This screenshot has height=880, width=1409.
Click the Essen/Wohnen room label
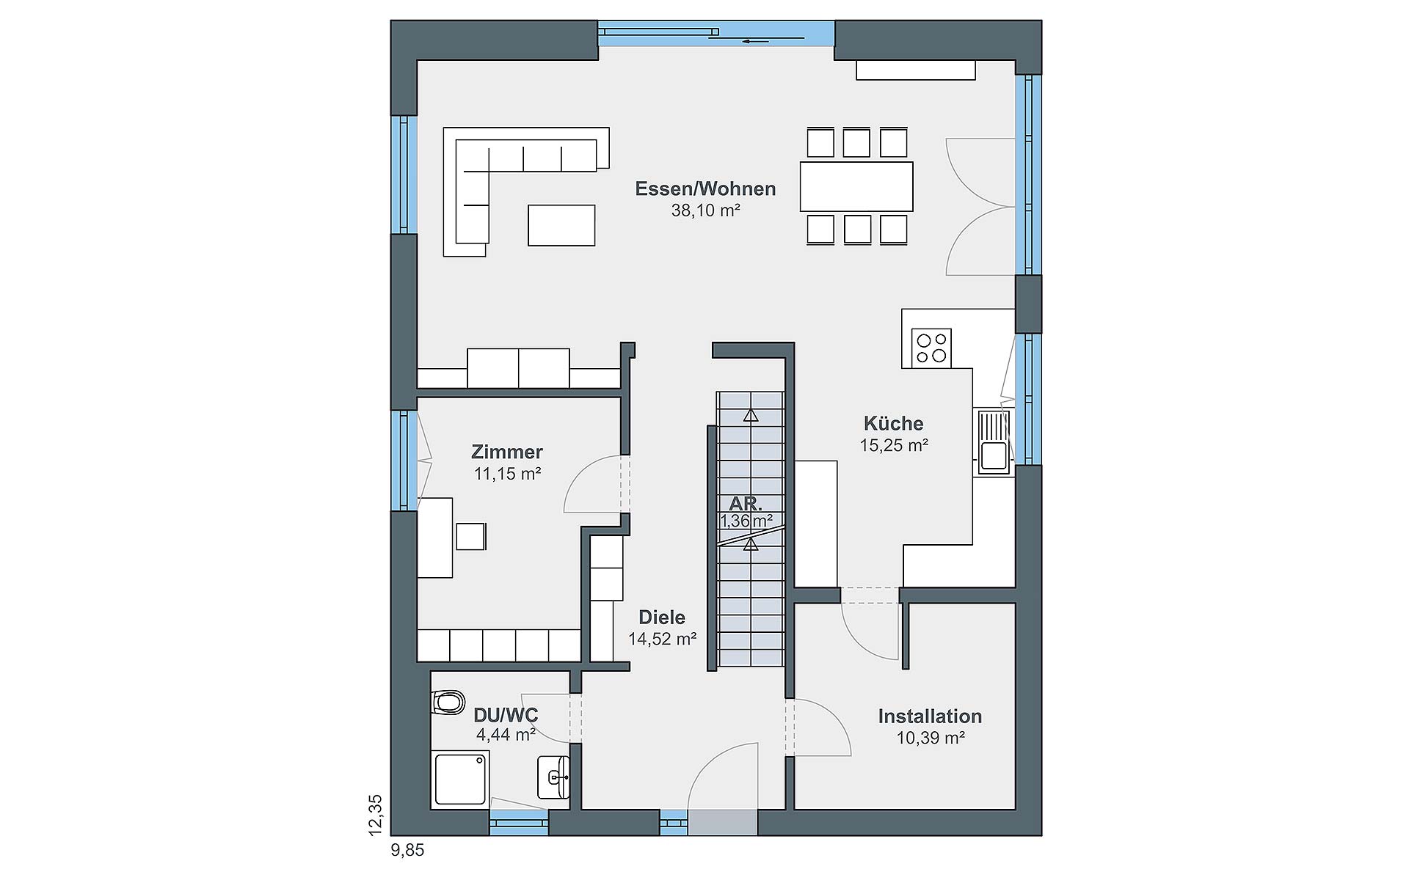705,188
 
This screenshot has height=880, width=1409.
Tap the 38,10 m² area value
705,210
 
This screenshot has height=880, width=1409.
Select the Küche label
893,423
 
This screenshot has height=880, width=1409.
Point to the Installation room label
930,716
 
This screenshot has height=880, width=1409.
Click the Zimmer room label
507,452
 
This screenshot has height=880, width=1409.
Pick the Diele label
662,617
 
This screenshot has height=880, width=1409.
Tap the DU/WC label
506,715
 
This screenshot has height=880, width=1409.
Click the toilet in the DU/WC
448,703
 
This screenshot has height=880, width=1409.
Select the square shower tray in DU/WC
461,778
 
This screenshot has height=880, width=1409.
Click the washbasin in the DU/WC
554,777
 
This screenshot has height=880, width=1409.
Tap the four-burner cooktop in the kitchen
931,348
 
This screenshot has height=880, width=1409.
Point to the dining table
856,186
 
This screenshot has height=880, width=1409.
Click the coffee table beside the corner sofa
561,225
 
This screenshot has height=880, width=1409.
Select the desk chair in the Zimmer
471,536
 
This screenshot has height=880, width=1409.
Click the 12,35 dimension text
376,815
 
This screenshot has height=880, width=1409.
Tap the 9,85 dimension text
408,851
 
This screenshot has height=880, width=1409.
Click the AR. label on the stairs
746,505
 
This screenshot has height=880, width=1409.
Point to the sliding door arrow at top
756,41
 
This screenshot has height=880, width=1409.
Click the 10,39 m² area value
931,738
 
